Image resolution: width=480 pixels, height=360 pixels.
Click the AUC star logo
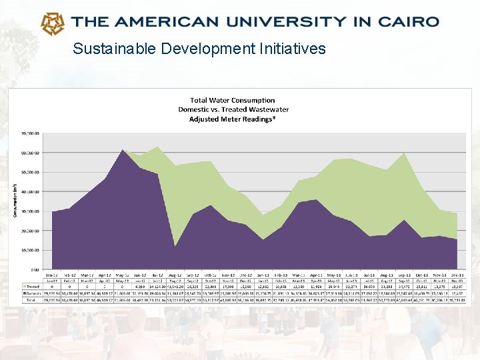pos(53,23)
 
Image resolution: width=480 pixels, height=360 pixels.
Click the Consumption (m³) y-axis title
pos(15,200)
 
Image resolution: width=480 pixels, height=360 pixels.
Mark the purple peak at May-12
pos(123,151)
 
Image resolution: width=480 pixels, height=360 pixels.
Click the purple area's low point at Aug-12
pos(175,246)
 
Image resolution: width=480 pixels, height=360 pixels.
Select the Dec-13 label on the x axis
pos(456,275)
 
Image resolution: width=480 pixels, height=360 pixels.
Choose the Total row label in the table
pos(31,300)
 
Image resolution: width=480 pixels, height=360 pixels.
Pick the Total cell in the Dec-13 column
pos(456,300)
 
